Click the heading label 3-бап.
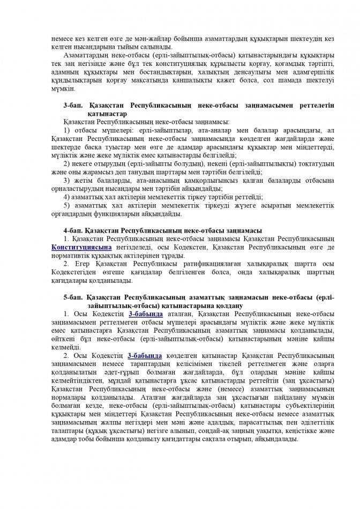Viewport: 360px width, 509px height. [72, 106]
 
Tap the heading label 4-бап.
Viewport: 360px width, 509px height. [72, 230]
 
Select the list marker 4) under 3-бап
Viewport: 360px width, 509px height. [66, 197]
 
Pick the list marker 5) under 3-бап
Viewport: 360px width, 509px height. [66, 205]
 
